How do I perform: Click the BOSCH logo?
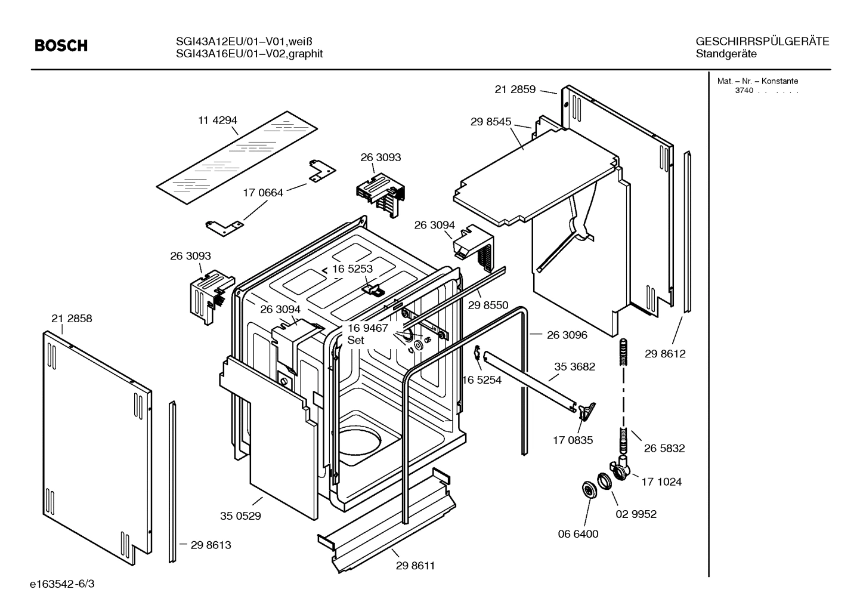pyautogui.click(x=61, y=46)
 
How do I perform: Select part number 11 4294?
pyautogui.click(x=218, y=121)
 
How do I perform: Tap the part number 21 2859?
pyautogui.click(x=515, y=89)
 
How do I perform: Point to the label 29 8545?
pyautogui.click(x=491, y=122)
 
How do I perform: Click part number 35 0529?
pyautogui.click(x=240, y=516)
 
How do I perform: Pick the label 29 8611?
pyautogui.click(x=415, y=566)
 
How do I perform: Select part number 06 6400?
pyautogui.click(x=578, y=534)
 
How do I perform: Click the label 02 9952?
pyautogui.click(x=636, y=514)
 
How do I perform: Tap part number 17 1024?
pyautogui.click(x=661, y=482)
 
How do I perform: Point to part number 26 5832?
pyautogui.click(x=664, y=449)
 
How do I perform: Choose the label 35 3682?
pyautogui.click(x=574, y=366)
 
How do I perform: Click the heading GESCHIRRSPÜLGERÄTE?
pyautogui.click(x=762, y=41)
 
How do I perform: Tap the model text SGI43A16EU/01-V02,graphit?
pyautogui.click(x=249, y=54)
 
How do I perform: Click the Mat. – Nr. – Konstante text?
pyautogui.click(x=757, y=81)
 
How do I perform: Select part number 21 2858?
pyautogui.click(x=72, y=319)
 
